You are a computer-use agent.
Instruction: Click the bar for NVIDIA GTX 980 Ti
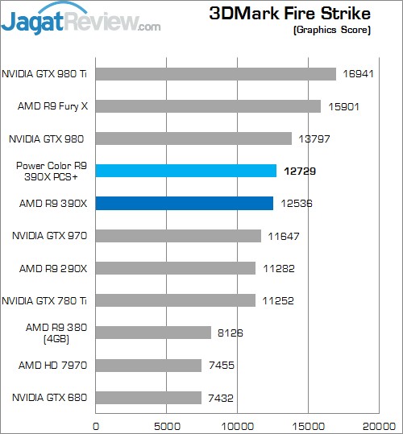pos(215,74)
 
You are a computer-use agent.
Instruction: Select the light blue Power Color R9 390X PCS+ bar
pos(186,171)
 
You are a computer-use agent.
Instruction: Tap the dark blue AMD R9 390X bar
pos(185,203)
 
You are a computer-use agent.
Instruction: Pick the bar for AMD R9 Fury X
pos(208,106)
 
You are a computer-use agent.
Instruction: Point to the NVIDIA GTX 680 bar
pos(148,398)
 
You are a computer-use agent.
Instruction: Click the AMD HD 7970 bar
pos(148,366)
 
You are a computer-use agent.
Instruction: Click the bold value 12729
pos(297,171)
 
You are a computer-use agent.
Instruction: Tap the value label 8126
pos(230,333)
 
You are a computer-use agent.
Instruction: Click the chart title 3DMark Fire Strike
pos(289,13)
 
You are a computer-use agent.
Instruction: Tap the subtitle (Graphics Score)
pos(333,30)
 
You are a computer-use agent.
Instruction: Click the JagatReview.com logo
pos(81,19)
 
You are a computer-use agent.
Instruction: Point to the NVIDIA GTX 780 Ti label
pos(47,300)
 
